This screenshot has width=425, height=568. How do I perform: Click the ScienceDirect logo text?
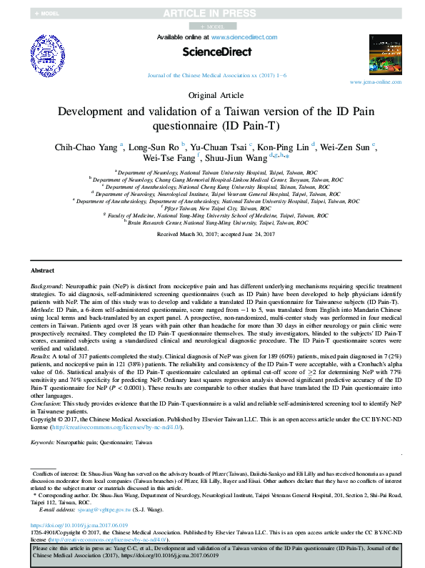[x=212, y=52]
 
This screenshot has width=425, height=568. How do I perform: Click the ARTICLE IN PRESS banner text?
[x=212, y=13]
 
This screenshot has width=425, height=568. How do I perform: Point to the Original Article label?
[x=212, y=95]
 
